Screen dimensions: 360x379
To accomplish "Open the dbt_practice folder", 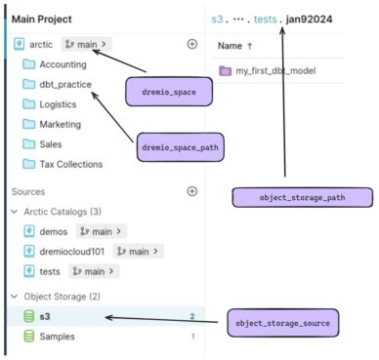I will point(65,85).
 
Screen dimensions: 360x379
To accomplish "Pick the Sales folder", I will point(53,144).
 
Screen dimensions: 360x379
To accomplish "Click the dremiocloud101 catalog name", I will point(73,251).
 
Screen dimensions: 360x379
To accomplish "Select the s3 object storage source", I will point(46,316).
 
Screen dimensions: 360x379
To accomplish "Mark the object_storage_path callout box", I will point(302,198).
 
